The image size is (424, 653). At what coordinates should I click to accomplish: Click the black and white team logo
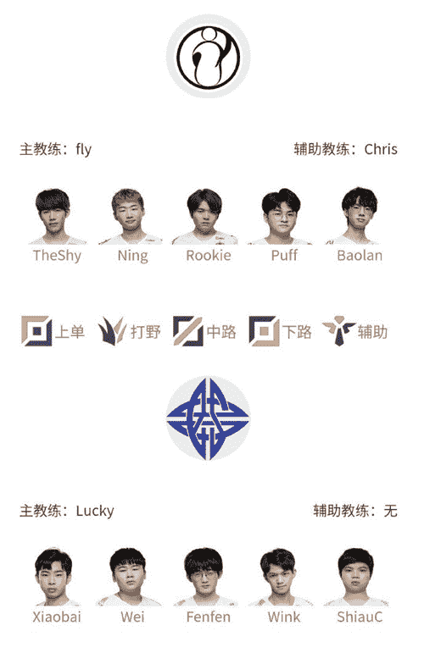coord(208,56)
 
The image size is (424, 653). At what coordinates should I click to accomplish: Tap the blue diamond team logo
coord(208,418)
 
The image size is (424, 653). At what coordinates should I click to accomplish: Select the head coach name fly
coord(83,150)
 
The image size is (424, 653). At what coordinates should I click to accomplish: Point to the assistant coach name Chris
coord(381,149)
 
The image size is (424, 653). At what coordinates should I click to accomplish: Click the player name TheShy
coord(57,255)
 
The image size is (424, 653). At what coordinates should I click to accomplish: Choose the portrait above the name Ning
coord(130,216)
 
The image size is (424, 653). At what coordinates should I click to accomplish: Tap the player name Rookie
coord(209,255)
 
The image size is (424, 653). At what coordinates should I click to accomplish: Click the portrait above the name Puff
coord(281,216)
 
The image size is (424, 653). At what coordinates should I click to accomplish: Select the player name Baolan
coord(360,255)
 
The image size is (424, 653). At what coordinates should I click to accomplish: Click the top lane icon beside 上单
coord(36,331)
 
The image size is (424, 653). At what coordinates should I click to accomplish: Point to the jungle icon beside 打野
coord(112,331)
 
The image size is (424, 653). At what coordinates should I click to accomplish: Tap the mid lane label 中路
coord(221,332)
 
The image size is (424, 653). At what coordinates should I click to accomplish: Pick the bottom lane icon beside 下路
coord(264,331)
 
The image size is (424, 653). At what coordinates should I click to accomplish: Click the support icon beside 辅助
coord(339,331)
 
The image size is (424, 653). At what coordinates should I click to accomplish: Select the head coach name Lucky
coord(95,511)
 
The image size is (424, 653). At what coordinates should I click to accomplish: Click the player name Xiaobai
coord(57,617)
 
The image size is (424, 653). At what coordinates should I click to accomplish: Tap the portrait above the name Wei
coord(129,578)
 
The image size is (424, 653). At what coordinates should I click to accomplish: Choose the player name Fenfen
coord(209,617)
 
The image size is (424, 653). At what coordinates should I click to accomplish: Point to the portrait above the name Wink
coord(280,578)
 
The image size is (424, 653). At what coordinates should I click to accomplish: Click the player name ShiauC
coord(360,617)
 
